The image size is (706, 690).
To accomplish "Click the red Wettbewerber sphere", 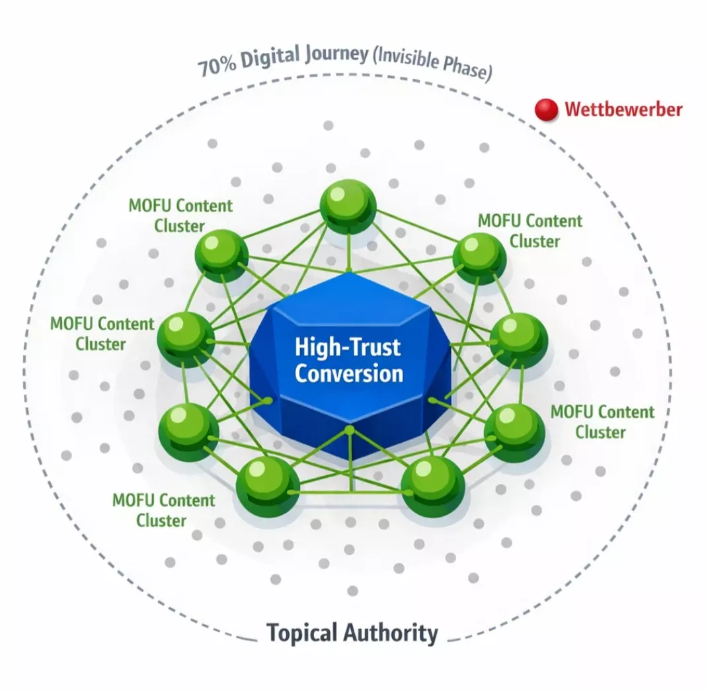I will [x=546, y=110].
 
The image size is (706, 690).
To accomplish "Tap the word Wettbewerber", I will [x=623, y=109].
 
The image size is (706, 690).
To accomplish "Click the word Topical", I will [x=302, y=633].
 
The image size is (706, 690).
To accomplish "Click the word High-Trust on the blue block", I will [x=348, y=346].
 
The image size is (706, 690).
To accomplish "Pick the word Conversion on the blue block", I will [x=348, y=373].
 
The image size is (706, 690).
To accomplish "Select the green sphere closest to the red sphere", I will [x=479, y=258].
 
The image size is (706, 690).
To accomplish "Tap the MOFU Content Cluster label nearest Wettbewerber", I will [x=530, y=231].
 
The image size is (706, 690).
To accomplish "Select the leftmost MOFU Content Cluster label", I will [x=102, y=334].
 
